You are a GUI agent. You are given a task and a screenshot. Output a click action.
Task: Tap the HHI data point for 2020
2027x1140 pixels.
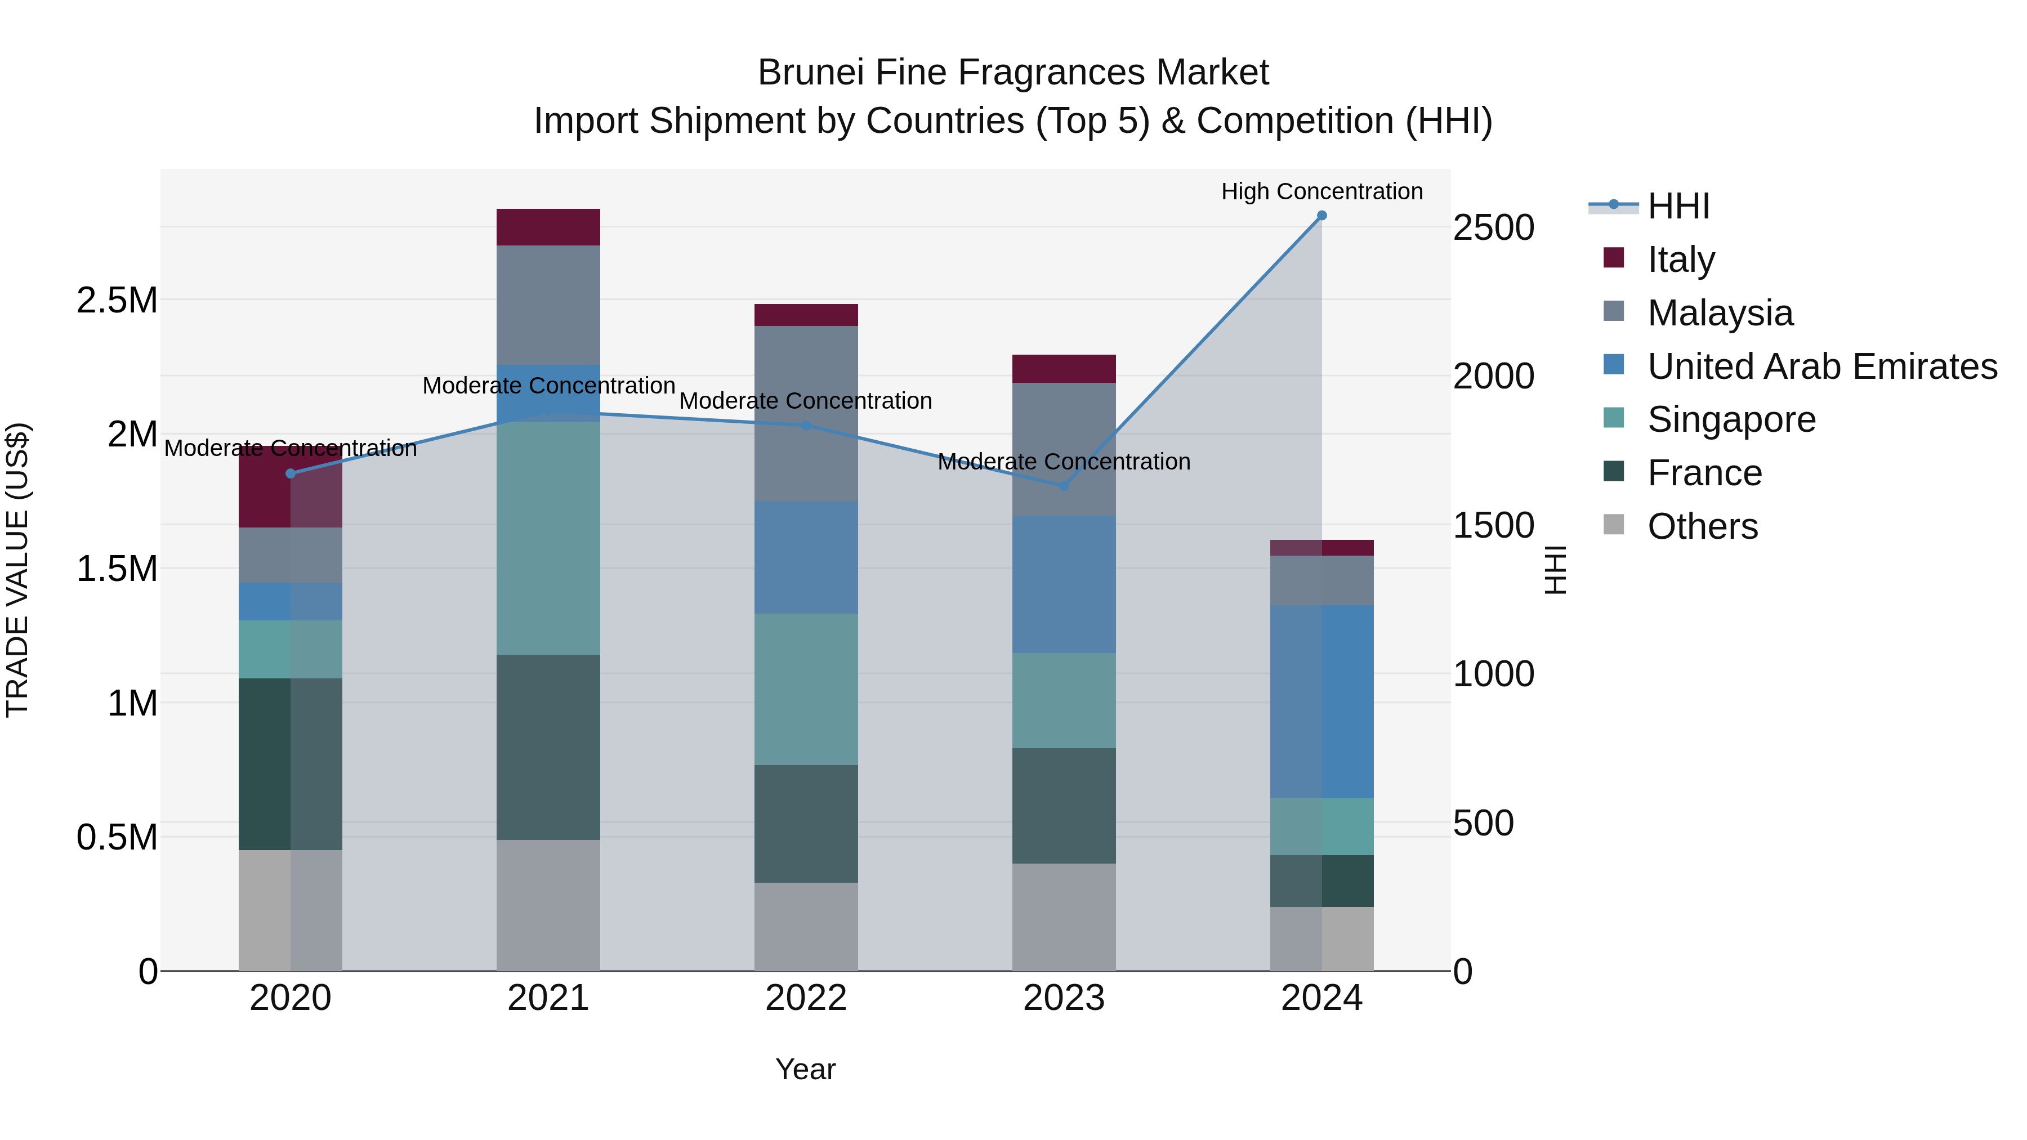pos(291,473)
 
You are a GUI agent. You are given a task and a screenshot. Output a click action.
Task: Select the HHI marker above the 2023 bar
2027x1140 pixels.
pos(1064,486)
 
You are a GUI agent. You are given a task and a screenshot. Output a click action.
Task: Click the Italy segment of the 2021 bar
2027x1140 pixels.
pos(548,227)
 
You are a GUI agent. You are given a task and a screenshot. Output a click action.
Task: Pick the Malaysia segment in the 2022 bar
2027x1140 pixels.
pos(806,413)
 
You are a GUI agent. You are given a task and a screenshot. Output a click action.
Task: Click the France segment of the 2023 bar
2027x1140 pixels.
pos(1064,805)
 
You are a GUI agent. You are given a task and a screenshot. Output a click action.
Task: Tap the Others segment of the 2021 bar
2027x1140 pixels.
pos(548,905)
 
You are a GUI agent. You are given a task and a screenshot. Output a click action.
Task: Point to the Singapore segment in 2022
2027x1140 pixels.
pos(806,689)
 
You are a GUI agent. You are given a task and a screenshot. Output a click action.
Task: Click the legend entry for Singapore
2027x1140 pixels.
pos(1731,419)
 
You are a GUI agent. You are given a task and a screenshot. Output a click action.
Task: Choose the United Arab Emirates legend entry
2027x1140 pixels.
pos(1821,366)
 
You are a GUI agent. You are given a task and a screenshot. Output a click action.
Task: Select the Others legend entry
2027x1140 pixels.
pos(1702,526)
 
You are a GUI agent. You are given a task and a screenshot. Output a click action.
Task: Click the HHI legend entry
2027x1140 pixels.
pos(1678,206)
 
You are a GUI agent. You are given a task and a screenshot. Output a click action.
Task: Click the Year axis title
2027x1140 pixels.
pos(805,1069)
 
